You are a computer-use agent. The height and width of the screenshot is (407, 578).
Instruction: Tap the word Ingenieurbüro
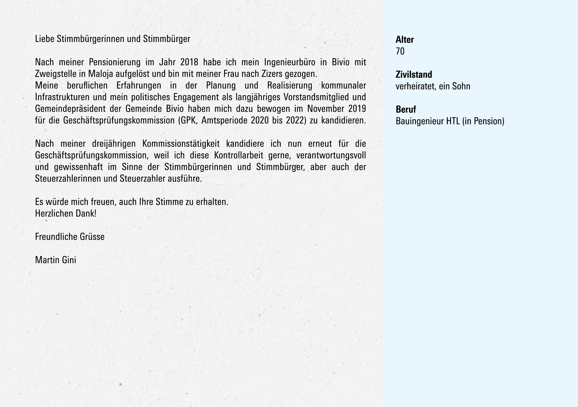(289, 62)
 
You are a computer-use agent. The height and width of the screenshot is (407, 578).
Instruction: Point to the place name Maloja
(101, 74)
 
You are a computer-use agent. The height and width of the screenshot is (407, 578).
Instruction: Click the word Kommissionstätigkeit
(181, 144)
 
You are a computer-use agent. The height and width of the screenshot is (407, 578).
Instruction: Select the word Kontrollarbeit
(239, 155)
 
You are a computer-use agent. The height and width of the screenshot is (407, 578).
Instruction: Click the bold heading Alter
(405, 40)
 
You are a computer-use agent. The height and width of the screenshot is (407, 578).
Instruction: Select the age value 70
(400, 51)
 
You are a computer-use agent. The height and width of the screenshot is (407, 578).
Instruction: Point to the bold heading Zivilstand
(414, 75)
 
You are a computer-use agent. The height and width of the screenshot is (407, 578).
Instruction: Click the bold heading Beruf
(406, 110)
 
